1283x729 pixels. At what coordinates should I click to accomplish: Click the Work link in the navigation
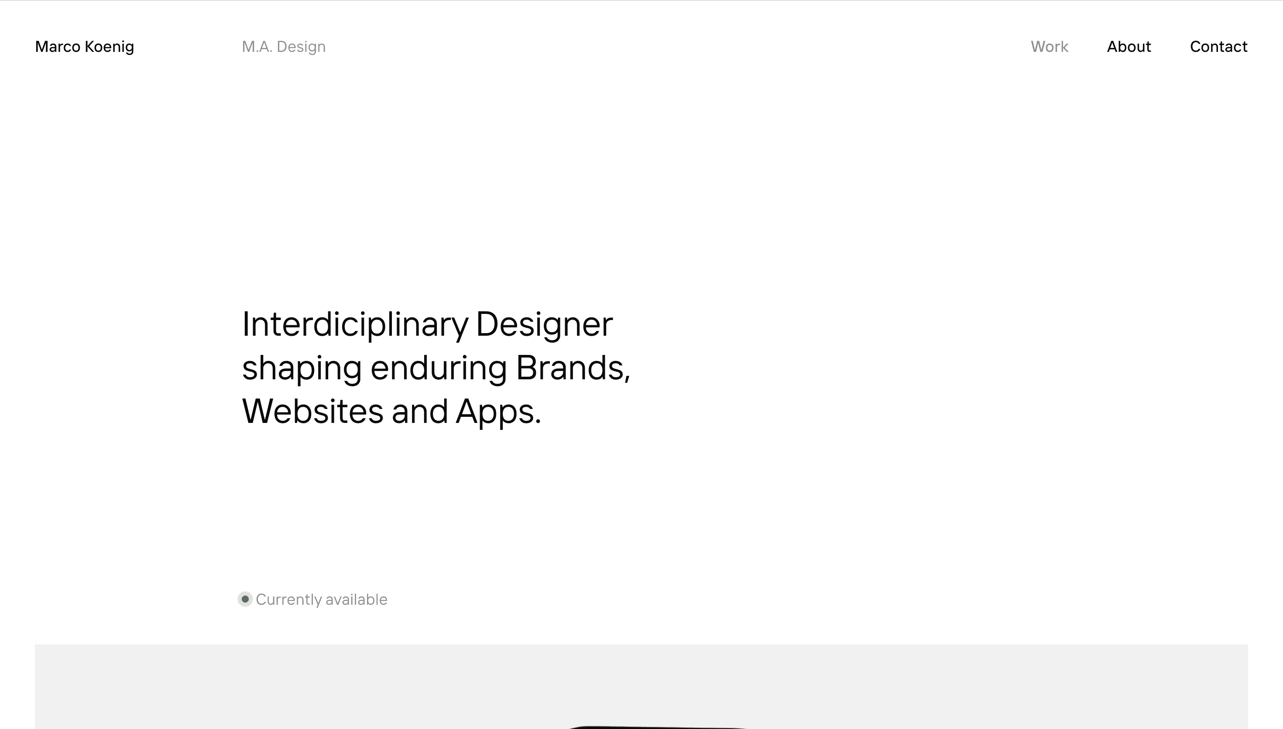coord(1049,47)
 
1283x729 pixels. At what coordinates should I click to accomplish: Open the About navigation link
coord(1129,47)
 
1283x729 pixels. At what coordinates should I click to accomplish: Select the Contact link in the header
coord(1218,47)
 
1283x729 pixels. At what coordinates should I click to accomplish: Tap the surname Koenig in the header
coord(109,47)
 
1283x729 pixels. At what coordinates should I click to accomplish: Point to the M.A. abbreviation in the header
coord(257,47)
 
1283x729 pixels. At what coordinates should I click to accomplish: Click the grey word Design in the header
coord(301,47)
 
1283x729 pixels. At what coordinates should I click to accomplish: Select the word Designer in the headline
coord(544,324)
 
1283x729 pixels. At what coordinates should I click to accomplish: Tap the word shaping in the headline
coord(302,368)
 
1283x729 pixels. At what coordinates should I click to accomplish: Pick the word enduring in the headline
coord(438,368)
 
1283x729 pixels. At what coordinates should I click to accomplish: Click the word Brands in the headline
coord(569,368)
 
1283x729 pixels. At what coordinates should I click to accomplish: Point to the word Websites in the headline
coord(312,412)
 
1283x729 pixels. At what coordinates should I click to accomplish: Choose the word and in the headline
coord(419,412)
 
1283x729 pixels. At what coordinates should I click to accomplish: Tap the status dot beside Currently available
coord(245,599)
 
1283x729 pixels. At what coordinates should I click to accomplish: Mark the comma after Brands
coord(627,375)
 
